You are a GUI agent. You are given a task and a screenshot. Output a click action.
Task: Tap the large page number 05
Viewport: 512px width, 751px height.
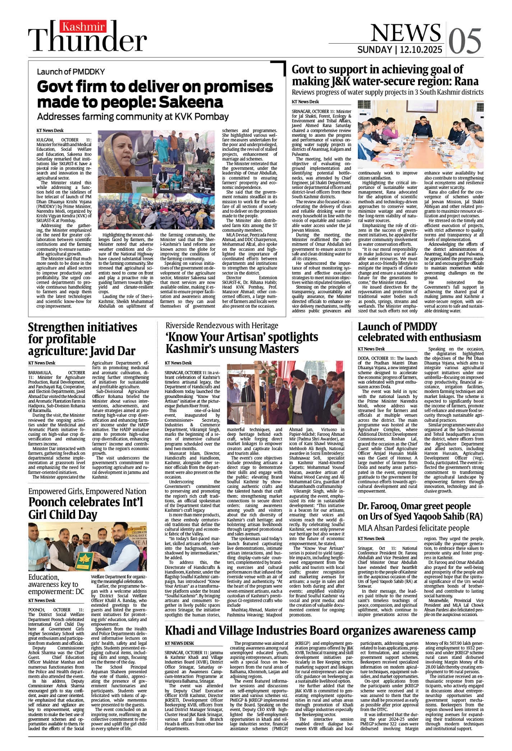pyautogui.click(x=464, y=41)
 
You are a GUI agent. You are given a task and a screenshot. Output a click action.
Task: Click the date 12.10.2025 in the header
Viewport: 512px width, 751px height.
pyautogui.click(x=420, y=50)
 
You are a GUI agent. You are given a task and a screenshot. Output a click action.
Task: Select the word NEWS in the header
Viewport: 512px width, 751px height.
pyautogui.click(x=406, y=32)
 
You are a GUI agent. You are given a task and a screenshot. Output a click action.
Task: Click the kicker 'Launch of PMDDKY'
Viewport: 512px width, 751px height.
pyautogui.click(x=71, y=72)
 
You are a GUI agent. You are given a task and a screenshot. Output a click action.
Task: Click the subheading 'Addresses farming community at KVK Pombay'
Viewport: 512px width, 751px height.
pyautogui.click(x=133, y=116)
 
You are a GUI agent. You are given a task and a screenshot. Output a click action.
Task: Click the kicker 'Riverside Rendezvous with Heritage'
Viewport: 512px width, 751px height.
pyautogui.click(x=222, y=325)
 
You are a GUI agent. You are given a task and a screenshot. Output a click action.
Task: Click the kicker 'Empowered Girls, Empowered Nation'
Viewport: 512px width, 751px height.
pyautogui.click(x=87, y=492)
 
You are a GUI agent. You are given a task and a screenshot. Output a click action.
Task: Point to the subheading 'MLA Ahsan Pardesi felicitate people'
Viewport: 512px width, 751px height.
pyautogui.click(x=413, y=528)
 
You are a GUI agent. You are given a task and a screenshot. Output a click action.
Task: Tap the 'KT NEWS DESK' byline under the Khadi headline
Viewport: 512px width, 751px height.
pyautogui.click(x=179, y=644)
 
